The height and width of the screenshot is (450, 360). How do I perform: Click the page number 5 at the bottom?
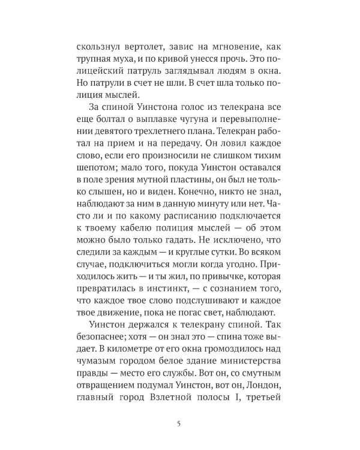[x=179, y=425]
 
